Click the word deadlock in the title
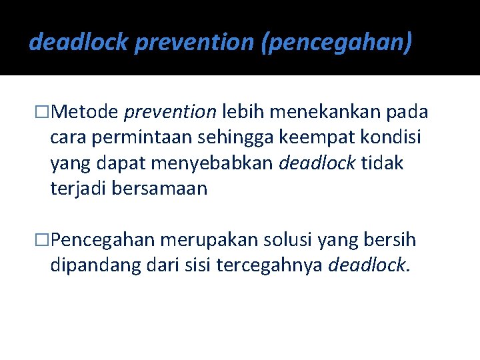[x=79, y=42]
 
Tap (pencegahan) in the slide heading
[x=339, y=42]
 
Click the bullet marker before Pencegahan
[x=43, y=239]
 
